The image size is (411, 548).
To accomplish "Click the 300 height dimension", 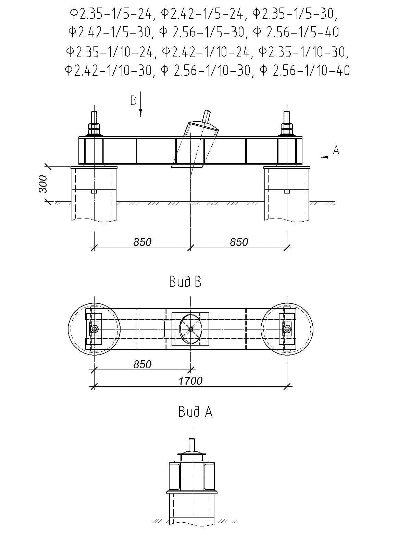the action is pyautogui.click(x=43, y=184).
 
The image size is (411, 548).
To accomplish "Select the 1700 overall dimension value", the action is pyautogui.click(x=191, y=381).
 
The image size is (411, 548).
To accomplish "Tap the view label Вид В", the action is pyautogui.click(x=185, y=282).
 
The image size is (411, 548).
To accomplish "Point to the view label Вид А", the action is pyautogui.click(x=195, y=412).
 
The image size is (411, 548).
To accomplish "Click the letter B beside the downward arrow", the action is pyautogui.click(x=134, y=101).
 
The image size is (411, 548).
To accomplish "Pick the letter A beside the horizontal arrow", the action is pyautogui.click(x=336, y=150).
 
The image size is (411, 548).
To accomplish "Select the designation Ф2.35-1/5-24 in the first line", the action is pyautogui.click(x=111, y=14).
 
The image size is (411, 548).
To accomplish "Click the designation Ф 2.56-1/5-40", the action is pyautogui.click(x=296, y=32).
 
